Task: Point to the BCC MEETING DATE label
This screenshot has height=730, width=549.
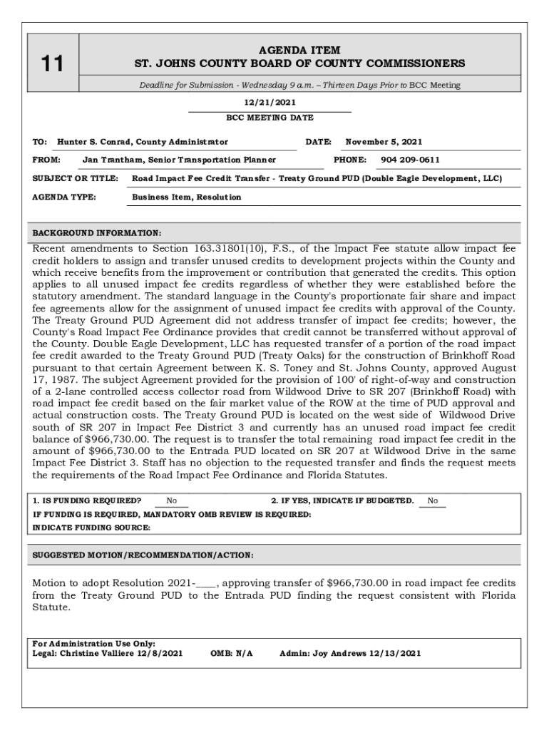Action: tap(270, 118)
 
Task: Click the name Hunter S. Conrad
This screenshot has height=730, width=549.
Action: tap(98, 142)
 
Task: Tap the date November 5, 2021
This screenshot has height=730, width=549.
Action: tap(384, 142)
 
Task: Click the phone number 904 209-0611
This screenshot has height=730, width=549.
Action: tap(410, 160)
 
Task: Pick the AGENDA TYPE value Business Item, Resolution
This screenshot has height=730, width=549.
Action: tap(187, 197)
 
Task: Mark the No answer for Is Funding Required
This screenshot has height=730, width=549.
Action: tap(172, 501)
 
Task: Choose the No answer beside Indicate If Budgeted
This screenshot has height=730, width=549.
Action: tap(433, 501)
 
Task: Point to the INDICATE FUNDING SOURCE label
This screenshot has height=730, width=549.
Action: tap(92, 528)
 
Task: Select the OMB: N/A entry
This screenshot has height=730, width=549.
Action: tap(232, 652)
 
